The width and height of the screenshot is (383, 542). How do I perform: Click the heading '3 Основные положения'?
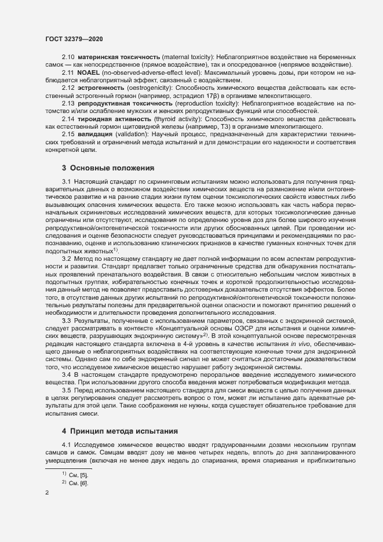coord(108,168)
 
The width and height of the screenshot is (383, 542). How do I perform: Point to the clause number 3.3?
coord(67,321)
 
